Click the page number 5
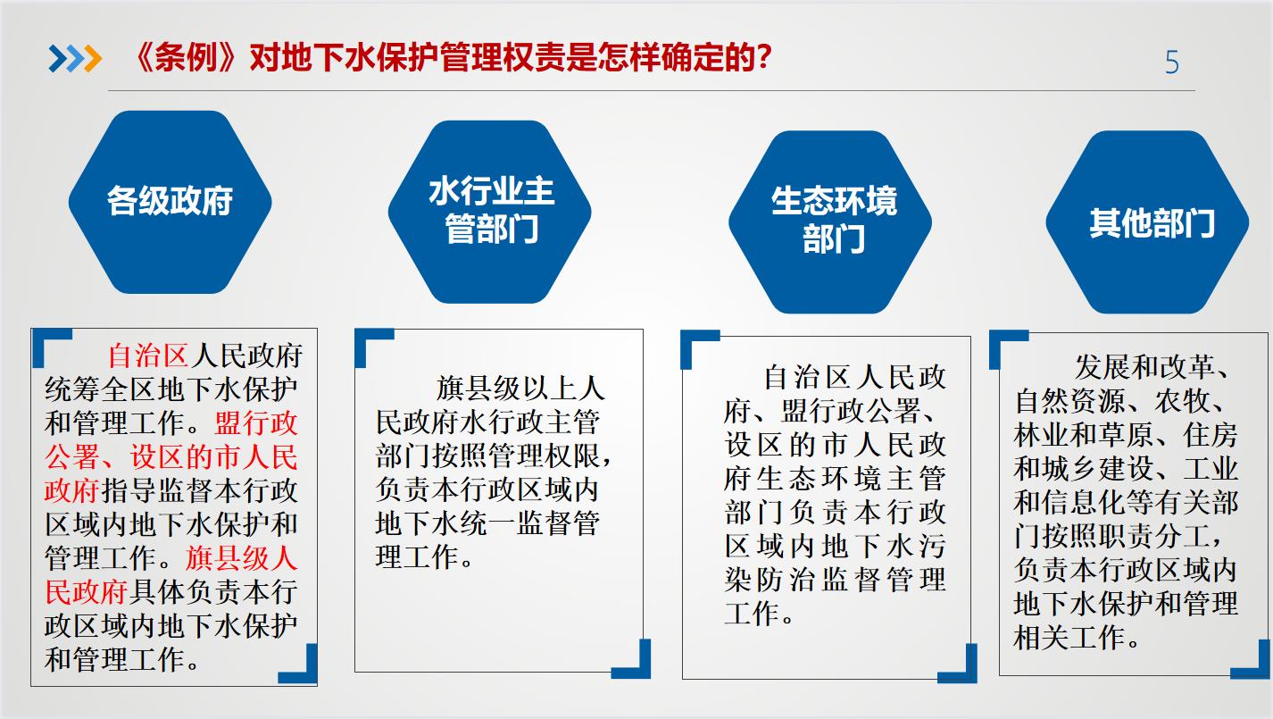(1172, 62)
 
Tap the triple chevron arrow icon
(75, 59)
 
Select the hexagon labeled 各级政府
(170, 202)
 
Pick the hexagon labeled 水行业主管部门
(489, 212)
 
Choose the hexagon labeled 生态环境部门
(830, 222)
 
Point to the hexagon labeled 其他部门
(1147, 222)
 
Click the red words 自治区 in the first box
(148, 355)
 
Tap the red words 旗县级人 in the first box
(242, 558)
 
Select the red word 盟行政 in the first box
(256, 423)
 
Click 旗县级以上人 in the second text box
(520, 389)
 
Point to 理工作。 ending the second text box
(425, 557)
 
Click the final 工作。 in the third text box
(759, 614)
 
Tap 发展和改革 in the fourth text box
(1144, 367)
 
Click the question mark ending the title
(764, 57)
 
